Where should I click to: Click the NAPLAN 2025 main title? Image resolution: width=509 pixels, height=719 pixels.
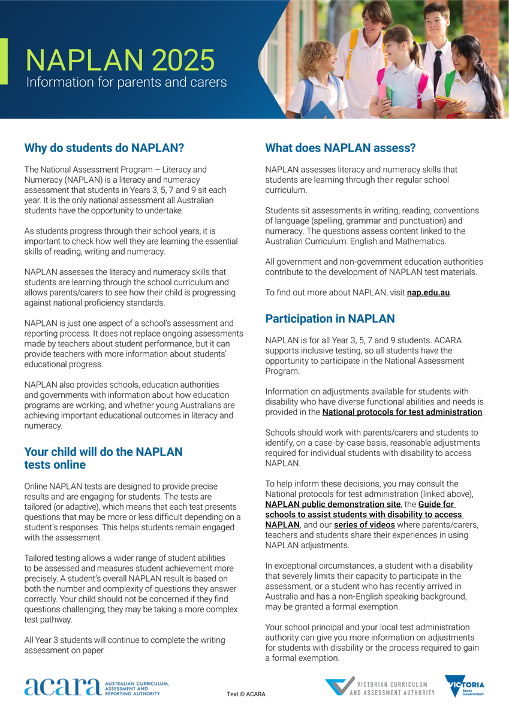click(x=120, y=60)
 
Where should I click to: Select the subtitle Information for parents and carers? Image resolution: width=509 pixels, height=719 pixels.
click(x=127, y=82)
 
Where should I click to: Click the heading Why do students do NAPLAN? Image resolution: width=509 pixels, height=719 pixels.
click(x=104, y=147)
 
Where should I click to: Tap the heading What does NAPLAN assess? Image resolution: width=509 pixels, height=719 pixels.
click(x=341, y=148)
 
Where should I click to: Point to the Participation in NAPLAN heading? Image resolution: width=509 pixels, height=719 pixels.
click(x=330, y=318)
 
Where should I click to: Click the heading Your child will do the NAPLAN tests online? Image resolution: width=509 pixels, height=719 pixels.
click(x=103, y=458)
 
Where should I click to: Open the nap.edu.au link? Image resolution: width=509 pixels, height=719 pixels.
click(x=428, y=292)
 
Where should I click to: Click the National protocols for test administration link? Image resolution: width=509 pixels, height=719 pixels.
click(x=402, y=412)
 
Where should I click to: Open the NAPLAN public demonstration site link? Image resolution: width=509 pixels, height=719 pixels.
click(x=333, y=504)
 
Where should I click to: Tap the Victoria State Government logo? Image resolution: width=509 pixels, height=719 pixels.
click(x=465, y=686)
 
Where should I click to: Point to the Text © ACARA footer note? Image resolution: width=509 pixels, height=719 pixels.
click(x=246, y=694)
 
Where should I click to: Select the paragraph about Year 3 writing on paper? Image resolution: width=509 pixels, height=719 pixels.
click(x=125, y=645)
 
